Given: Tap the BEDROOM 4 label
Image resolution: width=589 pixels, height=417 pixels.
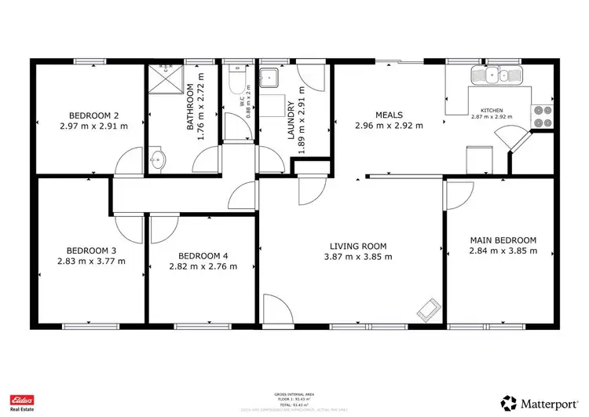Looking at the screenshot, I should click(203, 255).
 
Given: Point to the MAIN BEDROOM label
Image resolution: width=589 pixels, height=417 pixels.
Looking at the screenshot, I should click(503, 240).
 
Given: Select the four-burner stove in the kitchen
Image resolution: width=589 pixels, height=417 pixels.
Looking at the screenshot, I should click(542, 116).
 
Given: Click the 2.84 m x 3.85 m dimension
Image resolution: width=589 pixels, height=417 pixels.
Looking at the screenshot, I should click(503, 251).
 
